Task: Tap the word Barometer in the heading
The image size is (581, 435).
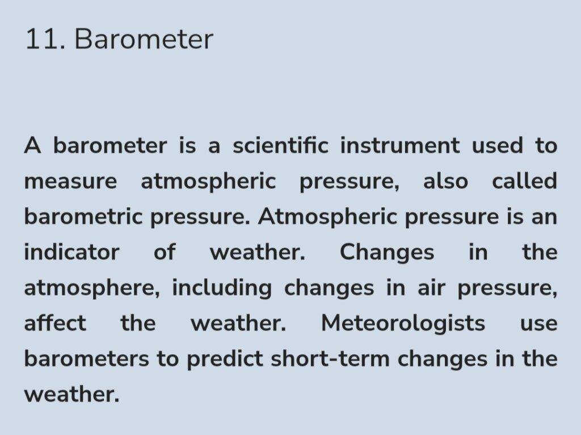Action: click(x=144, y=39)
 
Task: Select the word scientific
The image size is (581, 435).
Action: click(x=280, y=145)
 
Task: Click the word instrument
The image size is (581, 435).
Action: click(x=400, y=145)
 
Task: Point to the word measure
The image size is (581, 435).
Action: click(x=70, y=182)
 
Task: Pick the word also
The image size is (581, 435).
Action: click(x=445, y=181)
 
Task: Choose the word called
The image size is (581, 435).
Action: click(x=524, y=181)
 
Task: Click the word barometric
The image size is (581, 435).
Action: click(x=83, y=216)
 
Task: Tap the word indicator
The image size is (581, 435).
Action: click(x=72, y=252)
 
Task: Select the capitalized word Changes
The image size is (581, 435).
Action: click(x=387, y=253)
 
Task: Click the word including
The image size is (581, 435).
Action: click(x=222, y=288)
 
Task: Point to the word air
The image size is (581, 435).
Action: click(x=431, y=288)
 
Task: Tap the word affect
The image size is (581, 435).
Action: click(x=55, y=323)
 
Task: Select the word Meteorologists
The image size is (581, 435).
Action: click(x=403, y=324)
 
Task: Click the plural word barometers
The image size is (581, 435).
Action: click(x=87, y=358)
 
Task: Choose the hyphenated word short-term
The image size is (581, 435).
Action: click(x=330, y=358)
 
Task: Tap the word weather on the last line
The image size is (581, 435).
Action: click(x=72, y=394)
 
